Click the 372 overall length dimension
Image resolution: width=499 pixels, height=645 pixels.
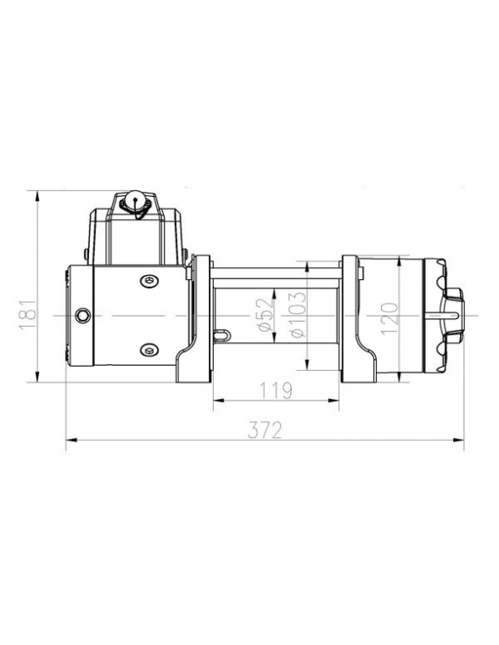point(265,430)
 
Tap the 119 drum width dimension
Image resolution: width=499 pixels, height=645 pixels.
point(276,390)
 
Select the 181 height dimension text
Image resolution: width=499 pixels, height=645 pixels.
point(28,314)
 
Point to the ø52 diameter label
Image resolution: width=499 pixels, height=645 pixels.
point(266,315)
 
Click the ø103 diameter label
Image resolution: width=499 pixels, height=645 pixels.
point(298,315)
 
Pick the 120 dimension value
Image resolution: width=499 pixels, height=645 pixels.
point(390,318)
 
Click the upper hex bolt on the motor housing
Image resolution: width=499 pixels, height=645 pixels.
point(149,282)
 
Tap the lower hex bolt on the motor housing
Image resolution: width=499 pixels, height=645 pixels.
point(149,350)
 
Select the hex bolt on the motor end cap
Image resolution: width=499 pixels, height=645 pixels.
point(82,316)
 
